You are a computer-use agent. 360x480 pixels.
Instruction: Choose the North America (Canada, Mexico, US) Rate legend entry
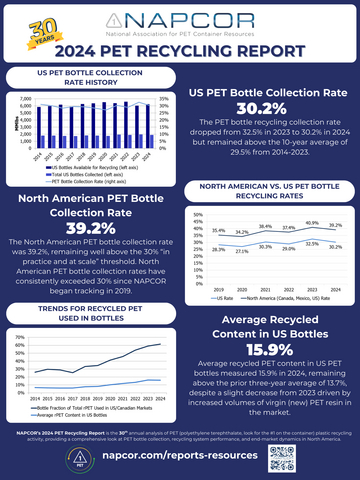click(x=292, y=295)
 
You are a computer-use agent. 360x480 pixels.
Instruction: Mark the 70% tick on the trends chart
click(x=17, y=338)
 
